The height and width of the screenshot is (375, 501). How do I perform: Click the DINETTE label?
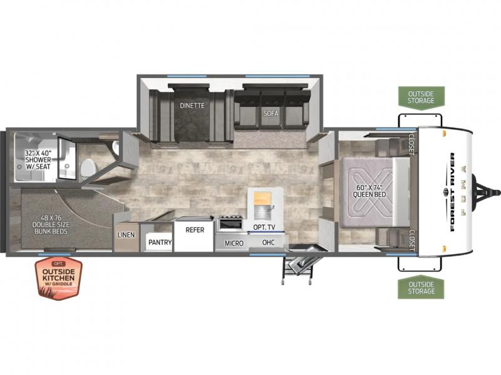coord(192,105)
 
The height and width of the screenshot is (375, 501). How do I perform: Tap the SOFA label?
coord(271,113)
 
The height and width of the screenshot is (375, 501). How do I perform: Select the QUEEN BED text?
coord(369,194)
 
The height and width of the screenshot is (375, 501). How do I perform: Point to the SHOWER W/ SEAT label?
coord(38,159)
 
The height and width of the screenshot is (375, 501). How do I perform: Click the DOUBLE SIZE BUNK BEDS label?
coord(51,224)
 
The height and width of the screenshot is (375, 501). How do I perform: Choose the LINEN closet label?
coord(126,235)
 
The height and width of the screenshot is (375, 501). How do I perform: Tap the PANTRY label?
coord(160,242)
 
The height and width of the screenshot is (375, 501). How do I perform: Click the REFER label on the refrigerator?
coord(195,230)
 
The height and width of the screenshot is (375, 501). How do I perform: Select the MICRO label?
coord(234,243)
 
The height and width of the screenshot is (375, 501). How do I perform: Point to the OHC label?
coord(269,242)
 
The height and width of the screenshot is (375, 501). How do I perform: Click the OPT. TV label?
coord(264,227)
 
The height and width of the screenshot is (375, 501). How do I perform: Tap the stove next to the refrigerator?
coord(230,223)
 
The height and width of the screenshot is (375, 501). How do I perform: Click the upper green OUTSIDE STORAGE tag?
coord(421,97)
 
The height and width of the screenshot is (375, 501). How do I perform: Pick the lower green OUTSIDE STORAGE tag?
coord(421,287)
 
